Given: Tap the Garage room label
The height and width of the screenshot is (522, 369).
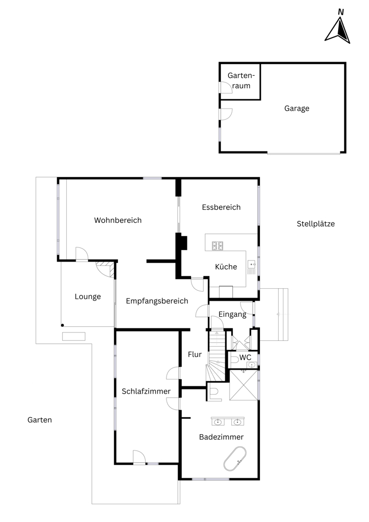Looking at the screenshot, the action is pos(297,108).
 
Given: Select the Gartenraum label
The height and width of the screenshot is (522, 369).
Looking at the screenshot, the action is pos(241,80).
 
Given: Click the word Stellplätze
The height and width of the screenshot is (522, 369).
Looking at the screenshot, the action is pos(316,224).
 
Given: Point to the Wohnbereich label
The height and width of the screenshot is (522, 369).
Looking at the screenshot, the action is pos(118,220).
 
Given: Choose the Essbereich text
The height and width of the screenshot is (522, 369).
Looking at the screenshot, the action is pos(221,207).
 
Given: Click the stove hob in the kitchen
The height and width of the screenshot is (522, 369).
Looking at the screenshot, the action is pos(218,246).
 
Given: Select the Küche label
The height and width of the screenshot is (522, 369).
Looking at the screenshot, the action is pos(226,267).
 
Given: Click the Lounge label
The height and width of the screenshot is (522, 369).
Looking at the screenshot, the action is pos(88,296).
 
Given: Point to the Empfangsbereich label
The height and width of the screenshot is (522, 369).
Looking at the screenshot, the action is pos(157,301).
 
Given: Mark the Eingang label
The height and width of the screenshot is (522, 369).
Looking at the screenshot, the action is pos(232,314).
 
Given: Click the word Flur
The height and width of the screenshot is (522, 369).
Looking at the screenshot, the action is pos(195,354).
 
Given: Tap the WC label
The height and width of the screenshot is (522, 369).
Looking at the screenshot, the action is pos(245,357).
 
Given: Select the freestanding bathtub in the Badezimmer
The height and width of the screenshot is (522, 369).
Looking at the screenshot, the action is pos(235,459).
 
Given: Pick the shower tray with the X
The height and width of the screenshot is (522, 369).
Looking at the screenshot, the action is pos(244,385).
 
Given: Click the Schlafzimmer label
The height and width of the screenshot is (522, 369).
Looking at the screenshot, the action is pos(146,391).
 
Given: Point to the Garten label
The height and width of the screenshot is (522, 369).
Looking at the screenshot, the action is pos(40,420).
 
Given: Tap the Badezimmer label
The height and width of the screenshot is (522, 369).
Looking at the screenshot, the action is pos(221,437).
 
